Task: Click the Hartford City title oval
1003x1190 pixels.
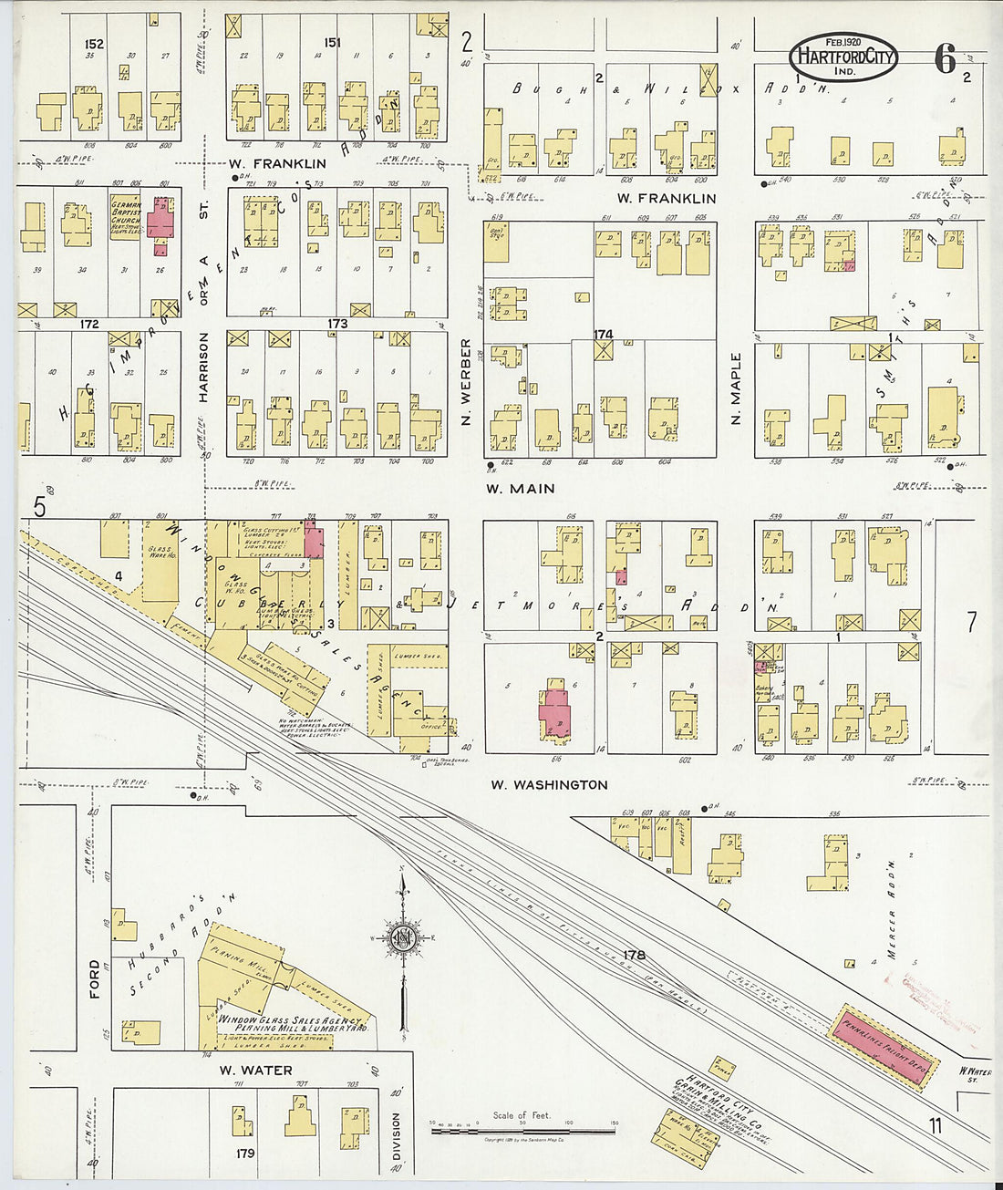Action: coord(843,57)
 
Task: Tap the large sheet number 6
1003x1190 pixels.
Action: coord(945,60)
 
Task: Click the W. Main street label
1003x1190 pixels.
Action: coord(520,489)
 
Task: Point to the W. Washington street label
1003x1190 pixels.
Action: coord(549,784)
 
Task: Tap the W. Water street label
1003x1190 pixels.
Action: coord(255,1071)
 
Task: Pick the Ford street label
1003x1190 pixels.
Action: coord(95,978)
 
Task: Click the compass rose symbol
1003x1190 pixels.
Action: coord(401,939)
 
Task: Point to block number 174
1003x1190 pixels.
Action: coord(603,335)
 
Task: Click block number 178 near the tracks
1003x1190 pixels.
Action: coord(635,955)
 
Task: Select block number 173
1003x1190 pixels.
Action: coord(337,324)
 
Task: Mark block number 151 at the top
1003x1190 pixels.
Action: coord(332,42)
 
